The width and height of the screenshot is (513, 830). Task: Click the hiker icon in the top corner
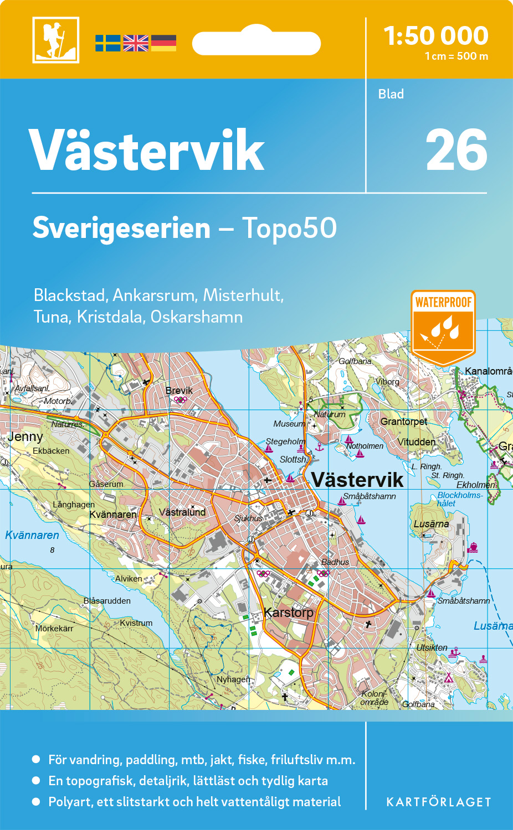(55, 40)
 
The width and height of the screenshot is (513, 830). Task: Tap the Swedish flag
(107, 43)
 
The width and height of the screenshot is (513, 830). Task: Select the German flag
(163, 43)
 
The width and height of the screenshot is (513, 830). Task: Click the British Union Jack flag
(136, 43)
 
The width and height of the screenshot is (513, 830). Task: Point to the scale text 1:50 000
(436, 36)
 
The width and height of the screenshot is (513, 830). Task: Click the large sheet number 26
(456, 151)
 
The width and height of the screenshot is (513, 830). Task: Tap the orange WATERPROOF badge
(443, 326)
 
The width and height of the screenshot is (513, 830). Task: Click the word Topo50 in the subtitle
(289, 228)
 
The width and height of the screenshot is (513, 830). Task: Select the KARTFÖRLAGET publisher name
(438, 802)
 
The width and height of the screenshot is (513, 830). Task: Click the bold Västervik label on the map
(357, 480)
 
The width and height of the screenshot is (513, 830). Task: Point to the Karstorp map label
(289, 613)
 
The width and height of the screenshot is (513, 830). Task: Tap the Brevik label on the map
(179, 390)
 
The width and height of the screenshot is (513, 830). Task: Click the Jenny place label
(25, 437)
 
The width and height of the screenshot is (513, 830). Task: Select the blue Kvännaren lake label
(32, 535)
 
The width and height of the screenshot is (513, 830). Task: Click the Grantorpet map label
(403, 422)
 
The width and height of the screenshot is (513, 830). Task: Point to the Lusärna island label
(431, 524)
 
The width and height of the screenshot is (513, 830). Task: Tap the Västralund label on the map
(182, 512)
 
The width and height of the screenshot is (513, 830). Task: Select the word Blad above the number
(391, 94)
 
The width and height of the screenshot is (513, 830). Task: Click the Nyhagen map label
(233, 679)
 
